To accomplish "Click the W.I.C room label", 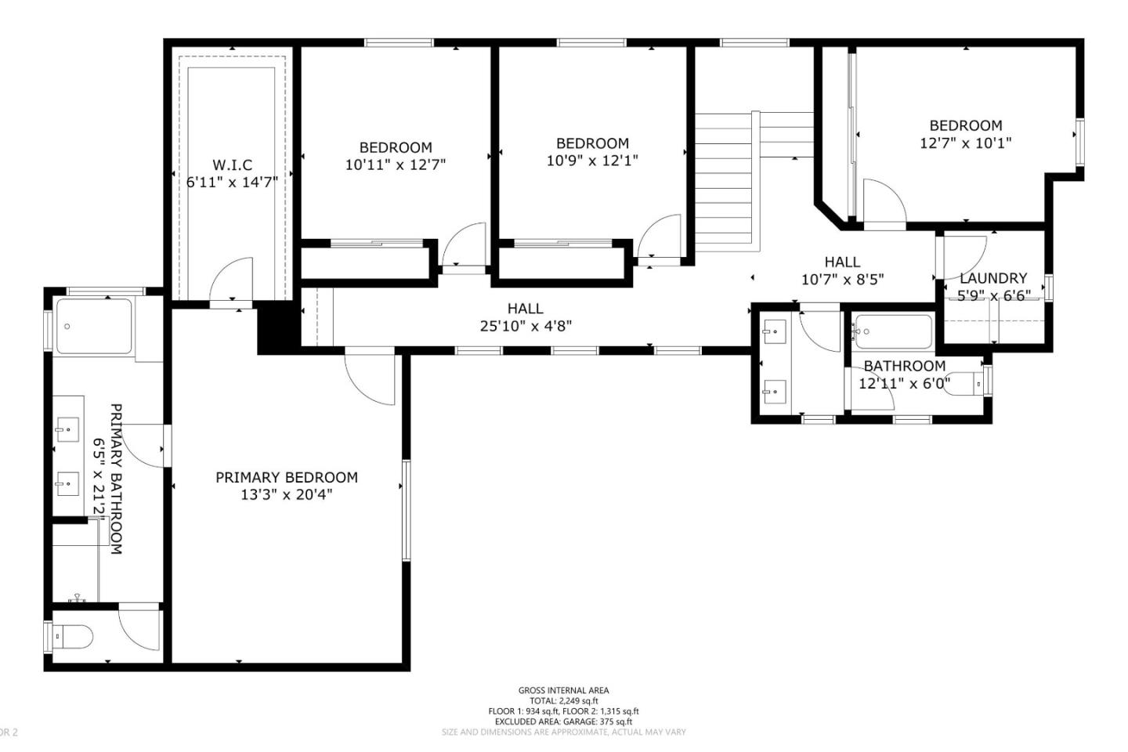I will click(x=232, y=165).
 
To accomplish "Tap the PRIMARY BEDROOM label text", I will click(x=287, y=477).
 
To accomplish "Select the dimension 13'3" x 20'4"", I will click(x=287, y=495).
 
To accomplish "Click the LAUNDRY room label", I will click(x=992, y=278).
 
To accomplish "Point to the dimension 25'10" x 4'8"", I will click(x=526, y=326).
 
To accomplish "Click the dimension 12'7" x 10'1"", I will click(x=965, y=143).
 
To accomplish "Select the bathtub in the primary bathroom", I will click(x=93, y=327).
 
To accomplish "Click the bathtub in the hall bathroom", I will click(x=893, y=332).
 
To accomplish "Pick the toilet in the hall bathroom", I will click(x=964, y=384).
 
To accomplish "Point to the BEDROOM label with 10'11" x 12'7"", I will click(x=396, y=147).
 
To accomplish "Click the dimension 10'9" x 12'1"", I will click(x=592, y=161).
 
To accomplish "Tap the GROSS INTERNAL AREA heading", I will click(x=563, y=690).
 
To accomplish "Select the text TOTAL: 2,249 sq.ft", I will click(x=563, y=700).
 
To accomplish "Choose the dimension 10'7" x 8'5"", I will click(x=842, y=280).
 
